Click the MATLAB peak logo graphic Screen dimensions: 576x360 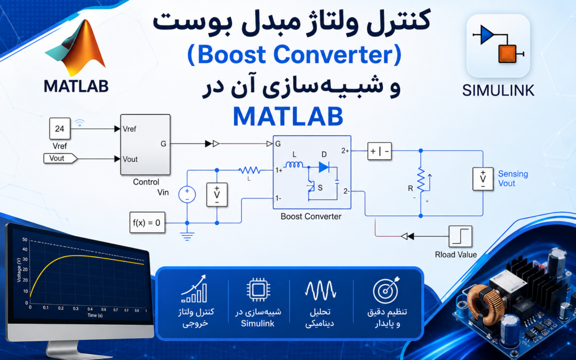coord(75,48)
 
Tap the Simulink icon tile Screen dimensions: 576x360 coord(498,45)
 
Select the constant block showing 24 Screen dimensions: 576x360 coord(60,129)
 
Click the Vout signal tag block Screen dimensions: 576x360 coord(60,158)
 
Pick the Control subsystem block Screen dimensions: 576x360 coord(145,145)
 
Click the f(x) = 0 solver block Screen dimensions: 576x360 coord(147,222)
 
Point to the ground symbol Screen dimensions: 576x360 coord(187,235)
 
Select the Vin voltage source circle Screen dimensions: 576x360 coord(187,194)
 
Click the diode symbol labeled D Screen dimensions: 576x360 coord(324,167)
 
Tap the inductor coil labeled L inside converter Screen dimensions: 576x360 coord(294,165)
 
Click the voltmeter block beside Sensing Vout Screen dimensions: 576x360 coord(483,179)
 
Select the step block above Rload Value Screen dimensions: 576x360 coord(460,236)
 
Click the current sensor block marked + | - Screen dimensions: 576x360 coord(380,151)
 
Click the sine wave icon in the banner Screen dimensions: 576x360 coord(321,290)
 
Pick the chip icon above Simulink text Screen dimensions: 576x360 coord(258,290)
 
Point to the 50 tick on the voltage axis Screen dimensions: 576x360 coord(25,239)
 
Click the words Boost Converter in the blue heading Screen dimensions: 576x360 coord(294,55)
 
